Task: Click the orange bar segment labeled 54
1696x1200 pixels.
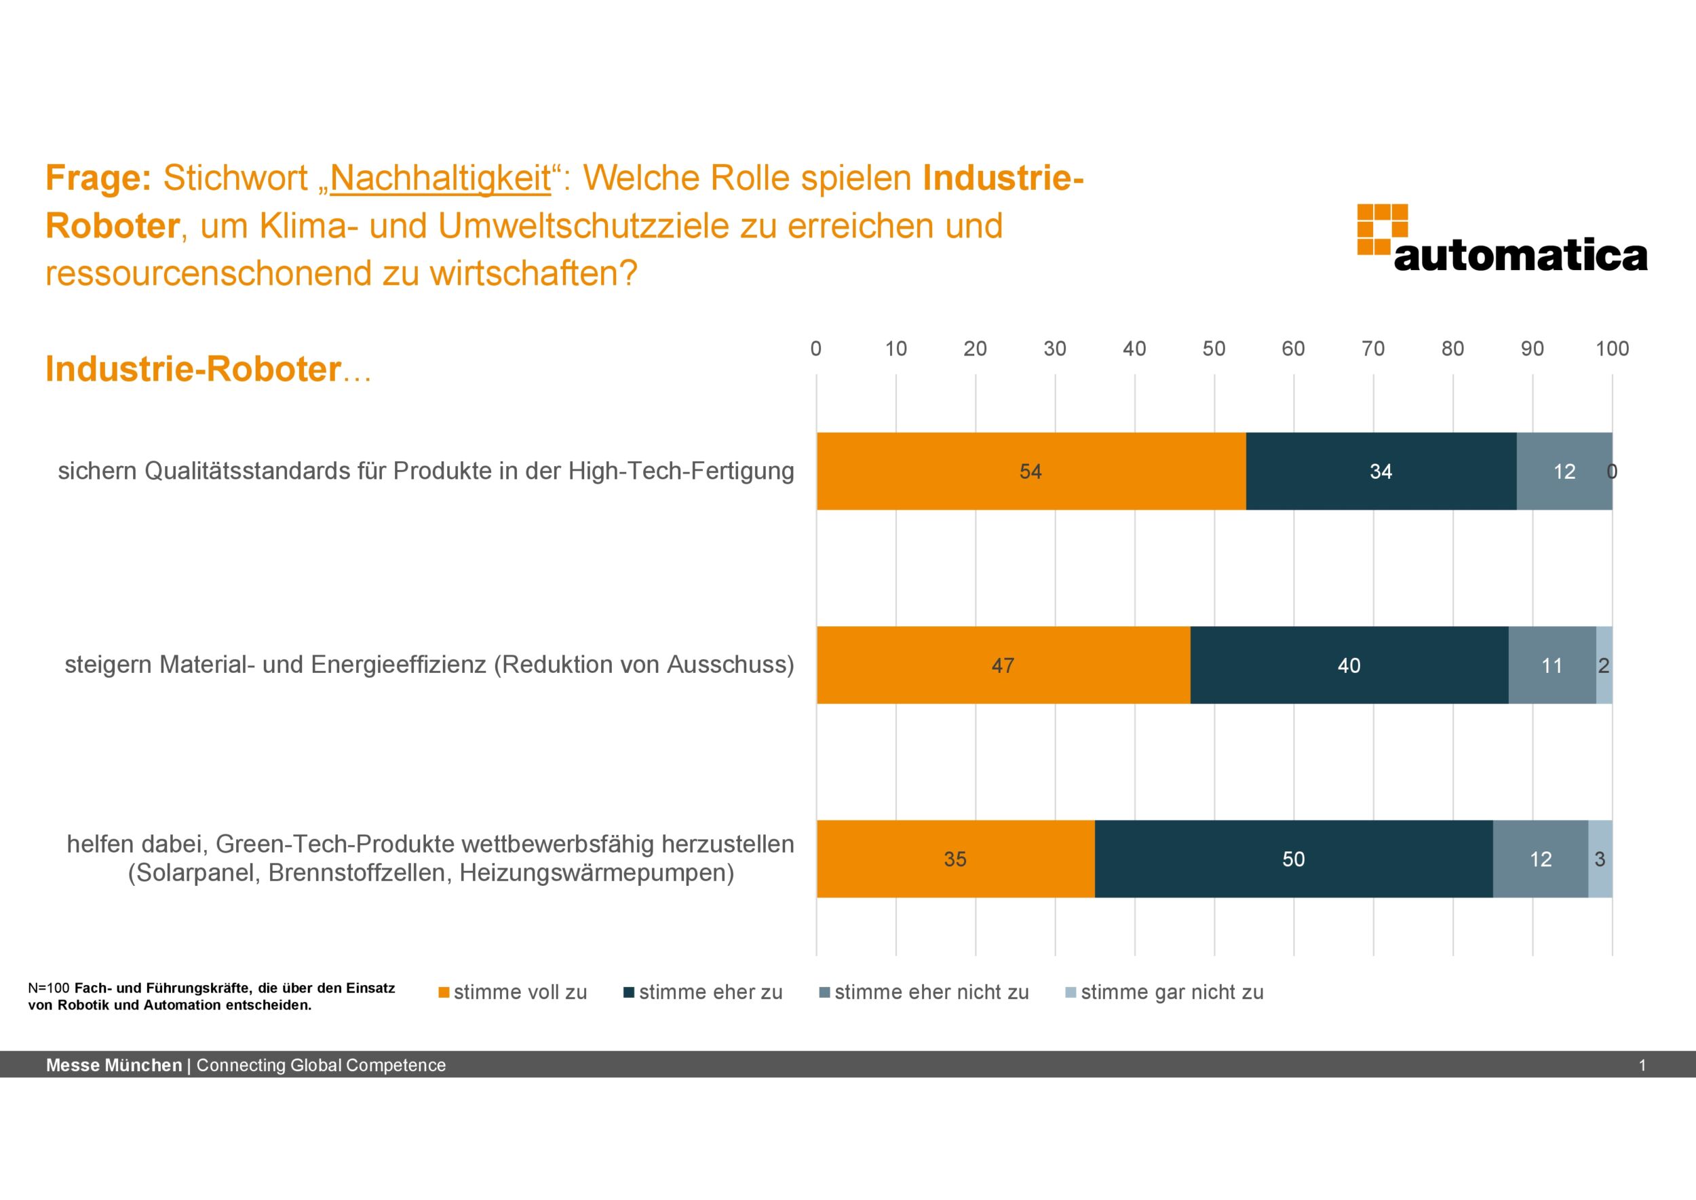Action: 1030,471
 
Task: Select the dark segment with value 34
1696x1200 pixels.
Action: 1381,471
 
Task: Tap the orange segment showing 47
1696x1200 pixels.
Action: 1003,665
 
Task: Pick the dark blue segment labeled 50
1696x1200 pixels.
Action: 1292,859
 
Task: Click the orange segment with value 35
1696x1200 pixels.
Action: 955,859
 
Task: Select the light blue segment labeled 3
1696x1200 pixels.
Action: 1600,859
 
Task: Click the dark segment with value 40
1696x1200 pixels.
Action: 1349,665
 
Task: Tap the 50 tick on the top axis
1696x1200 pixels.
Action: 1214,349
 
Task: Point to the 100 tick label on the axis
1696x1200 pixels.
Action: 1612,349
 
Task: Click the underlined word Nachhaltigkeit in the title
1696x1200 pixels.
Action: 440,178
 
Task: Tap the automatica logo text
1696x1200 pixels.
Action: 1520,256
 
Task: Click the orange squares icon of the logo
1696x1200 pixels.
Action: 1381,229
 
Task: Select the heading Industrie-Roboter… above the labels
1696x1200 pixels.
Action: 208,369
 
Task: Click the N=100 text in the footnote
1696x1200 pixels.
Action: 49,988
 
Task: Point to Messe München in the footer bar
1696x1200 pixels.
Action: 114,1065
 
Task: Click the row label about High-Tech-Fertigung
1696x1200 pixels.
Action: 425,471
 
